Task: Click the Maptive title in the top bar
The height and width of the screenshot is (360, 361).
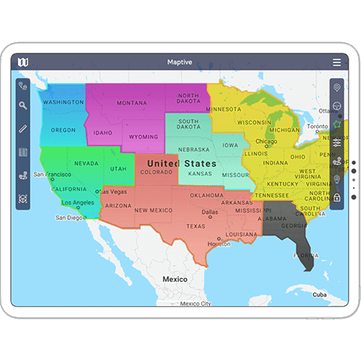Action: pyautogui.click(x=180, y=62)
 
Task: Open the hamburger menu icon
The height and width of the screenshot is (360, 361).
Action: pyautogui.click(x=337, y=62)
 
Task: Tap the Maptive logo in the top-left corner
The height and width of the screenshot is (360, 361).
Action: pyautogui.click(x=23, y=62)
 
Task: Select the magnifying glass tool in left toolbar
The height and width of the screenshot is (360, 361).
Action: pyautogui.click(x=23, y=105)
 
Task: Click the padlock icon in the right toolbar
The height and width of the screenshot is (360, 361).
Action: pyautogui.click(x=337, y=197)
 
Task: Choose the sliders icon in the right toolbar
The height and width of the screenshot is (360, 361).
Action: pyautogui.click(x=337, y=142)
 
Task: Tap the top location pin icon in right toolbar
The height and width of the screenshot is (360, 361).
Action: pyautogui.click(x=337, y=87)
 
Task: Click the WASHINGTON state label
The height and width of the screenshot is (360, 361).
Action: pyautogui.click(x=63, y=103)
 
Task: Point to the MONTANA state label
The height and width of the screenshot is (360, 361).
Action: pyautogui.click(x=131, y=103)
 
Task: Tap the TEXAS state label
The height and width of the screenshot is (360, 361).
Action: pyautogui.click(x=195, y=226)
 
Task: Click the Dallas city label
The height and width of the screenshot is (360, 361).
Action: pyautogui.click(x=210, y=212)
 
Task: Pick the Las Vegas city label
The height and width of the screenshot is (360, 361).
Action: pyautogui.click(x=114, y=192)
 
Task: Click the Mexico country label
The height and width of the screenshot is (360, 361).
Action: pyautogui.click(x=174, y=279)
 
